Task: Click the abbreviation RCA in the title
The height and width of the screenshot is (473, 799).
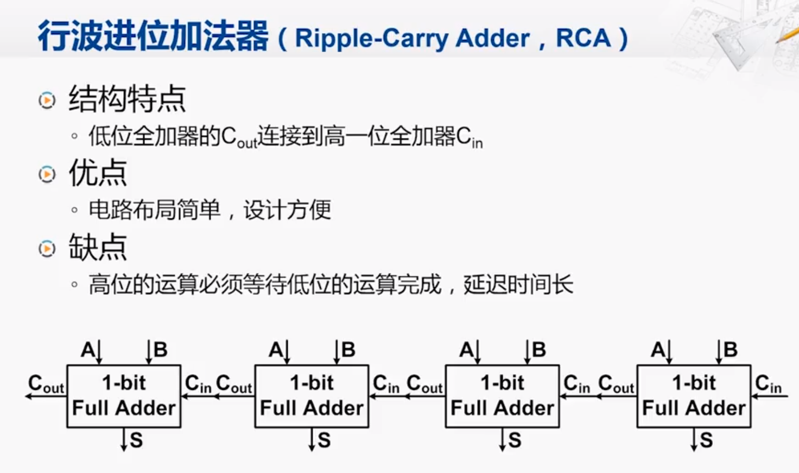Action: click(x=584, y=38)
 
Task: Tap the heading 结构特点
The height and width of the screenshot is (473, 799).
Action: click(x=127, y=99)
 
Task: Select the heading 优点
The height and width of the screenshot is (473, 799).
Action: click(x=98, y=173)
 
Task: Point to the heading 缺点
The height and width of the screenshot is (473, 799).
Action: click(x=98, y=248)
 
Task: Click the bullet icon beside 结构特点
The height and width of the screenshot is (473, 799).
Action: click(x=47, y=100)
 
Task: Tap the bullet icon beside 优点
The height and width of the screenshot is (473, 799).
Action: click(x=47, y=174)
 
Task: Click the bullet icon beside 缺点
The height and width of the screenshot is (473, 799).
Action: click(x=47, y=249)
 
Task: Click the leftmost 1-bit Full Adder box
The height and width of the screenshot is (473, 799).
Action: click(x=124, y=396)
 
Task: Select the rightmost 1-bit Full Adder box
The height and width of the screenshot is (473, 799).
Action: click(x=694, y=396)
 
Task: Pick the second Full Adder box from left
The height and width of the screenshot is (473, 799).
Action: click(x=312, y=396)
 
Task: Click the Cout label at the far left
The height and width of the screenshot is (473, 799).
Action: click(x=46, y=384)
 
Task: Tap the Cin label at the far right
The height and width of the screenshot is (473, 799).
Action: click(x=768, y=384)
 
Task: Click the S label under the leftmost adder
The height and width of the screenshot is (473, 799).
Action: click(x=136, y=440)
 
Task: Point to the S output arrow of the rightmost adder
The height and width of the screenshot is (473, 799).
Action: click(x=694, y=439)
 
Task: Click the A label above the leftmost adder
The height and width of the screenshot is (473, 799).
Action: click(x=87, y=349)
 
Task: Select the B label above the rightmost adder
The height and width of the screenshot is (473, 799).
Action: click(x=731, y=349)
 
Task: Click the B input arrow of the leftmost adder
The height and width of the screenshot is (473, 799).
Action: click(x=149, y=352)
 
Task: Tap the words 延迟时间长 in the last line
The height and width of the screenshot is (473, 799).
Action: click(x=518, y=285)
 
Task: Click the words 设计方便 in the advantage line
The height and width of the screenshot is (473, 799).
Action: click(x=287, y=210)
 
